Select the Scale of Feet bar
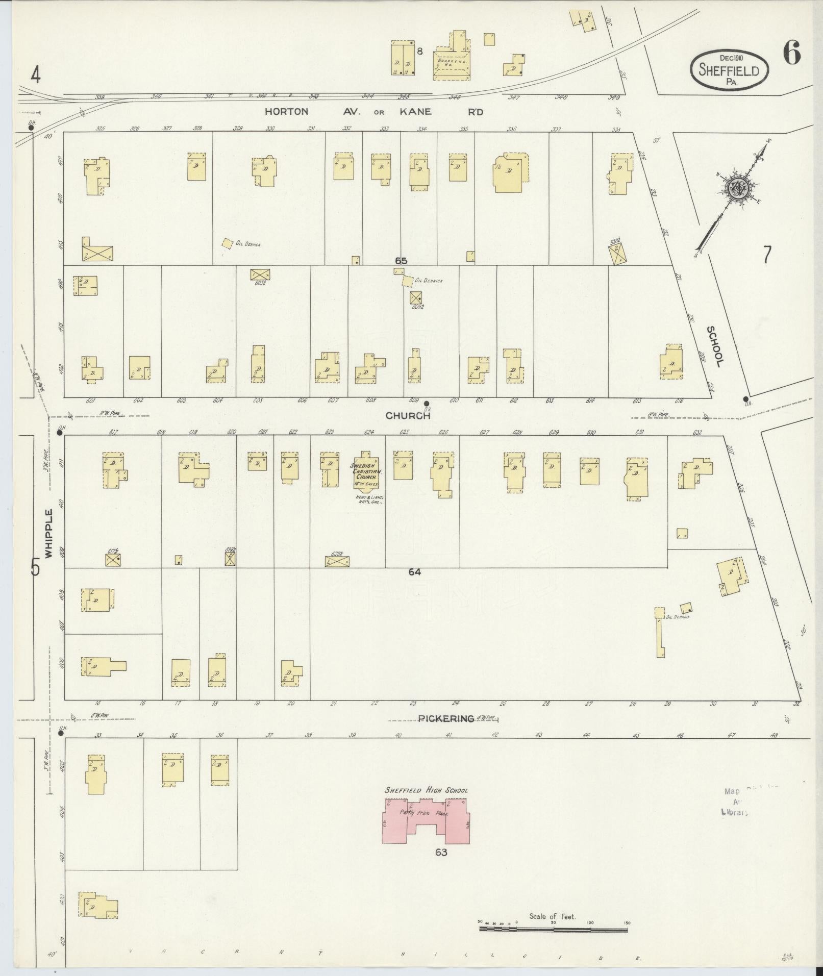pos(554,930)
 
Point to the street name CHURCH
pos(408,416)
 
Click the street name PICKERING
pos(446,718)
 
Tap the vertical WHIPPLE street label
pos(48,533)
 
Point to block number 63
pos(441,852)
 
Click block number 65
pos(401,261)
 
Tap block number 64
pos(414,572)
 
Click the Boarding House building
pos(452,64)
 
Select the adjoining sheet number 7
pos(767,255)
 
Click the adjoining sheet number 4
pos(35,76)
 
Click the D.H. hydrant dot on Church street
pos(427,403)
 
